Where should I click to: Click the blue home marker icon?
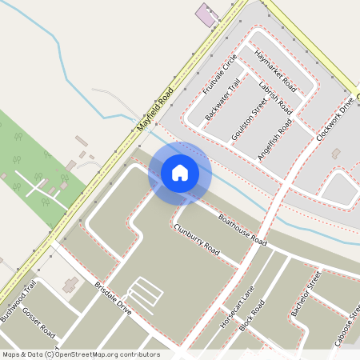[180, 172]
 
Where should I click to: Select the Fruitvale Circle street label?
[219, 76]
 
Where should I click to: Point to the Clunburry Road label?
[196, 239]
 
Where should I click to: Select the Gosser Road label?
[38, 322]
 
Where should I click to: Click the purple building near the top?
[206, 15]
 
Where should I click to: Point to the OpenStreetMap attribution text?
[81, 354]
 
